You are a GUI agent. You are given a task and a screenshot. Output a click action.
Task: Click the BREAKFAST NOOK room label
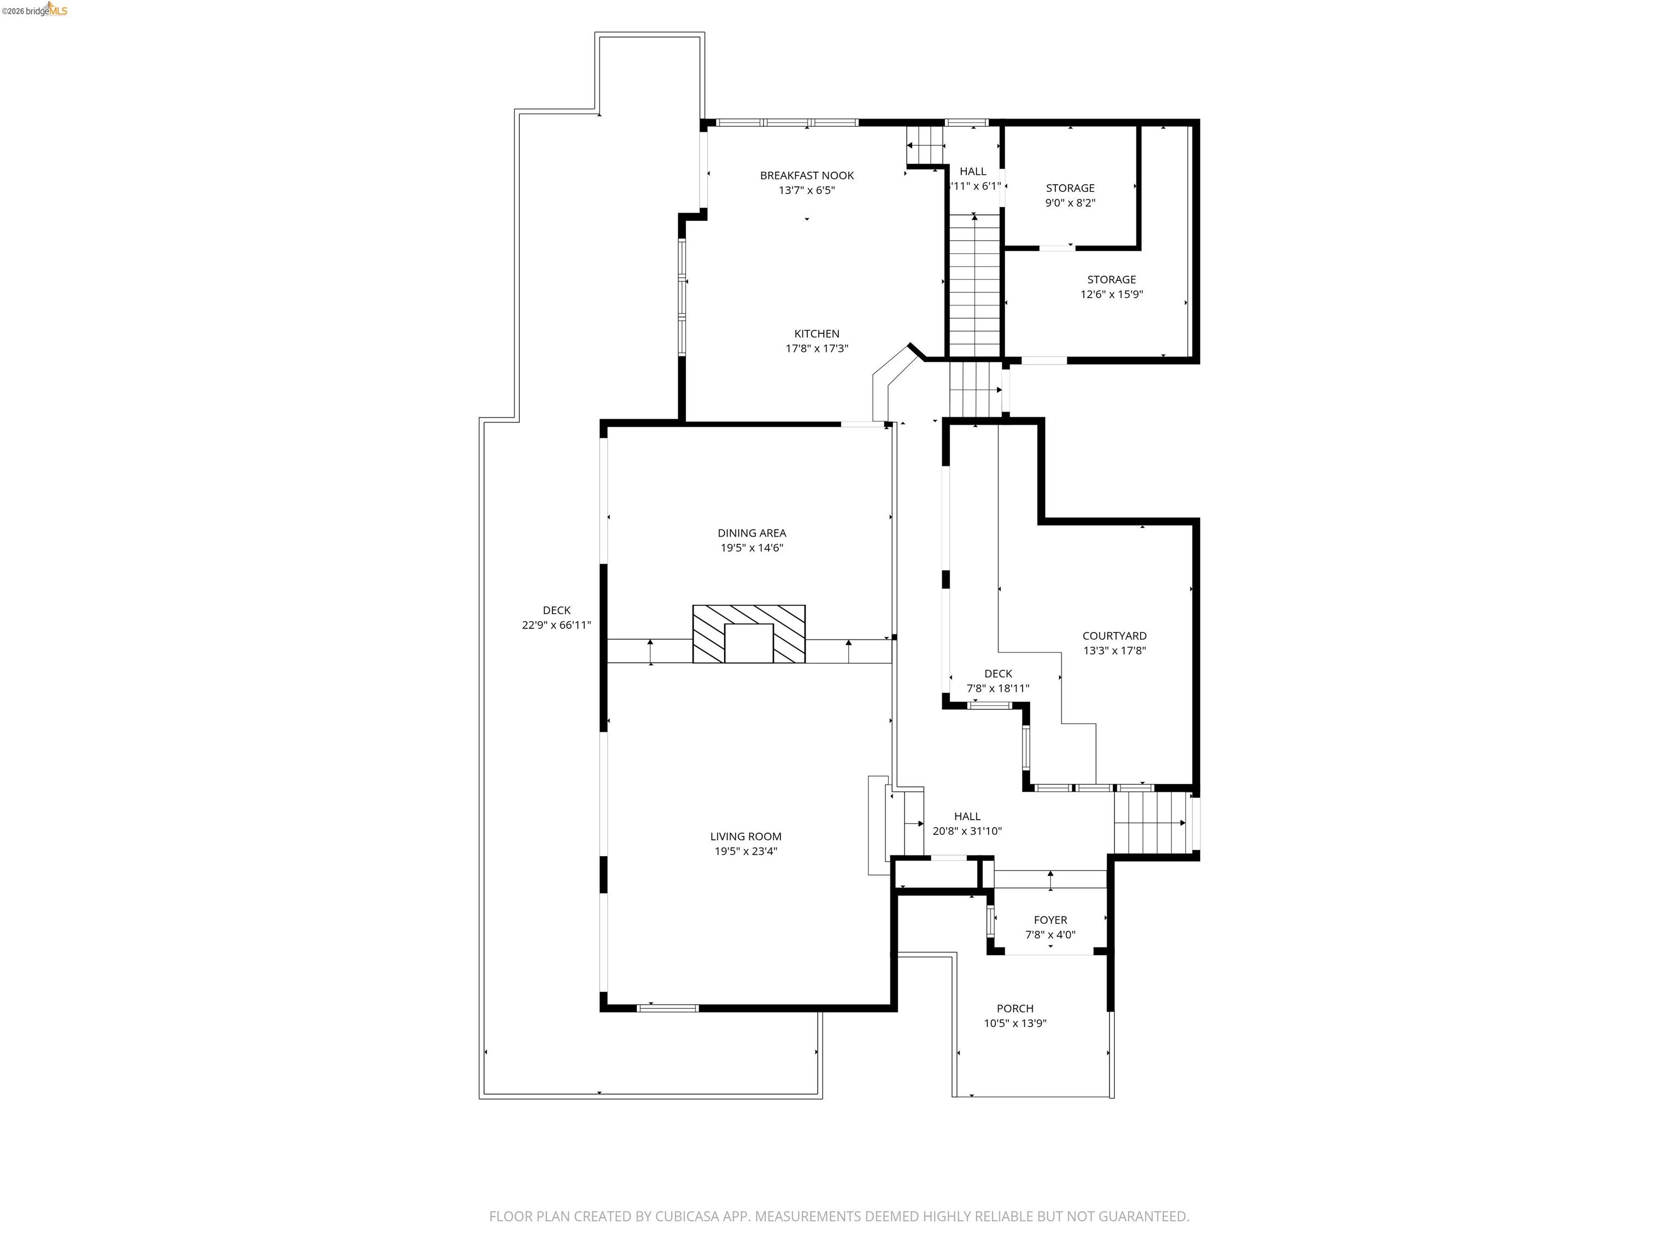(x=806, y=175)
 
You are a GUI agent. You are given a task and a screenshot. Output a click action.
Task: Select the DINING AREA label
(x=752, y=533)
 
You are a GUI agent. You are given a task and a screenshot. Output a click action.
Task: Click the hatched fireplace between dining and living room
(x=748, y=634)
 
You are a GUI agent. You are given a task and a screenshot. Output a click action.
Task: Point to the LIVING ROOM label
(x=745, y=836)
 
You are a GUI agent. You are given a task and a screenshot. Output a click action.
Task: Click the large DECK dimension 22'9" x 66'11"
(x=556, y=625)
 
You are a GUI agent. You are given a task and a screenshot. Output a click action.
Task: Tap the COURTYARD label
(x=1113, y=636)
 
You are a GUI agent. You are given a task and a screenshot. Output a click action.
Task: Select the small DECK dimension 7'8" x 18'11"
(x=997, y=689)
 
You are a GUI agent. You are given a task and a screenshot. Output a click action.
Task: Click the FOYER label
(x=1050, y=920)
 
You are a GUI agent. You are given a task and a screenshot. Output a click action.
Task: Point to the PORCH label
(x=1015, y=1009)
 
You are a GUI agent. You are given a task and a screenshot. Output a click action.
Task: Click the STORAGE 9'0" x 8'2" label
(x=1070, y=188)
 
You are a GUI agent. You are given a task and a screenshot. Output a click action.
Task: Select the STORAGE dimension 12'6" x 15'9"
(x=1111, y=295)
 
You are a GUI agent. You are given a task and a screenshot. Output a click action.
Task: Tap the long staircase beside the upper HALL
(x=974, y=285)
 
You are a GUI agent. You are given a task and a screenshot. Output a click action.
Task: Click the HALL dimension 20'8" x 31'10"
(x=966, y=831)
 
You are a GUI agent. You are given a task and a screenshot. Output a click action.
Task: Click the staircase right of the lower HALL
(x=1149, y=822)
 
